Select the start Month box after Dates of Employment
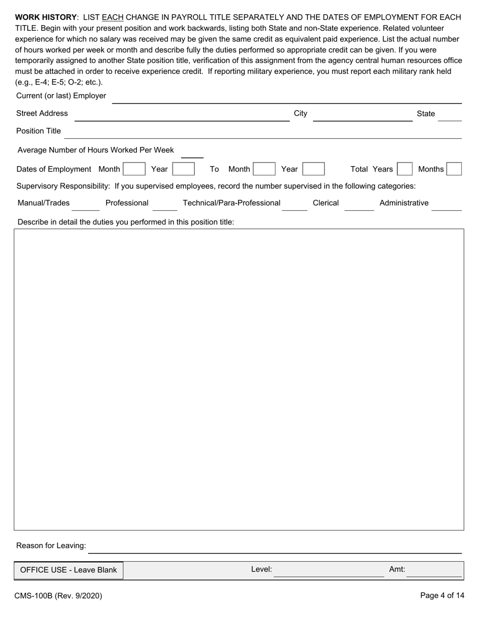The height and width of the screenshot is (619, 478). pos(134,169)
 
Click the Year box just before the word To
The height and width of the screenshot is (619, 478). pos(184,169)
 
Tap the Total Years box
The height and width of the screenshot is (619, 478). pos(405,169)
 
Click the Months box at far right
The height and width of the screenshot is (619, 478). pos(454,169)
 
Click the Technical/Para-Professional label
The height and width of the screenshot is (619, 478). pos(231,203)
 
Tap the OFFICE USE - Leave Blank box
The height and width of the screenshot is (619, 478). pos(68,570)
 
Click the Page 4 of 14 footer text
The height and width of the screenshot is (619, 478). pos(442,596)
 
